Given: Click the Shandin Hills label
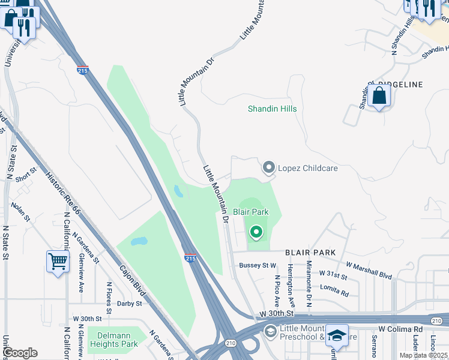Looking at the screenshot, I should click(x=273, y=109).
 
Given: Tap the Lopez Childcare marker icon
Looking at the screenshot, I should click(x=268, y=167).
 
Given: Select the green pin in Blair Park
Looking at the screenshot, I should click(x=256, y=232).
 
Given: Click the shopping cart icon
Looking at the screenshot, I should click(x=58, y=262).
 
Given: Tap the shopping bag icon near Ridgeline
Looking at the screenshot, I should click(x=379, y=96).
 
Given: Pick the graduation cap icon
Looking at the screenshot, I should click(x=337, y=336).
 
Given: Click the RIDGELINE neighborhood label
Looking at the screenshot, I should click(x=400, y=85).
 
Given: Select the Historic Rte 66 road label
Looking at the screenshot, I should click(x=63, y=193).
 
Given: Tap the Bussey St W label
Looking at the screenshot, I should click(x=257, y=265).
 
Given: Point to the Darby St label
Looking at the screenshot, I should click(x=129, y=304).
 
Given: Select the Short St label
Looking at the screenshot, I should click(x=27, y=175).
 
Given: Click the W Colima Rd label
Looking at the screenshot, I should click(x=400, y=329).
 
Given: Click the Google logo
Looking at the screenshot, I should click(x=20, y=353).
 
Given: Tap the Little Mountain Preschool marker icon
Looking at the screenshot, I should click(x=270, y=331).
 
